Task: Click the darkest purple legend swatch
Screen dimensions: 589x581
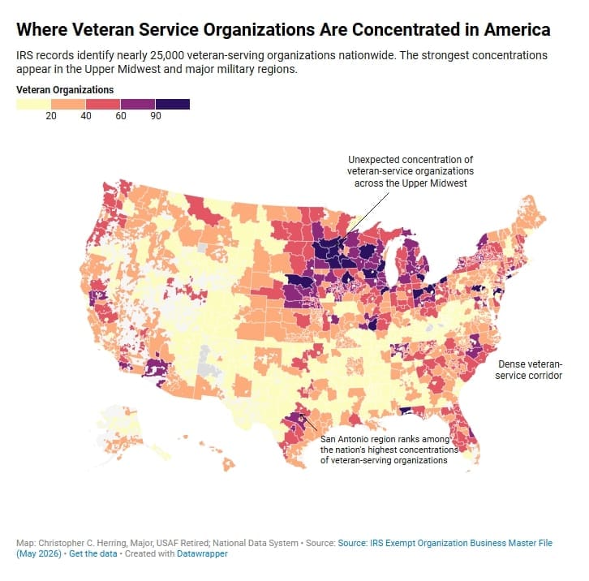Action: [173, 104]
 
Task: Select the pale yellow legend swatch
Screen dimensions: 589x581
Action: [33, 104]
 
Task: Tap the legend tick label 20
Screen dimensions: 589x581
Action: [51, 116]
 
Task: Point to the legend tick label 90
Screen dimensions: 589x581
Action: [156, 116]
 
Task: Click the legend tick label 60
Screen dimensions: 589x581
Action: [121, 116]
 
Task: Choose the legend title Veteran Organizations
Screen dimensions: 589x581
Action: [65, 90]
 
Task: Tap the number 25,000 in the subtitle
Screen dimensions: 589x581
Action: [167, 55]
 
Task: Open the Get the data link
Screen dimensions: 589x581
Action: [93, 553]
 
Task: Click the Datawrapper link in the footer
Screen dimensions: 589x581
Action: [202, 553]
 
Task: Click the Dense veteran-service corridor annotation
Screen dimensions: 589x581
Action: [528, 370]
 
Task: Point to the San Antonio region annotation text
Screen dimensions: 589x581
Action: [389, 450]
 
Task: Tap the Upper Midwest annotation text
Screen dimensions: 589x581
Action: [411, 171]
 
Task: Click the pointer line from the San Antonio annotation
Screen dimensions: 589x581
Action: [308, 423]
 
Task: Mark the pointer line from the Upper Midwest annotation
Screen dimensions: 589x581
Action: [364, 219]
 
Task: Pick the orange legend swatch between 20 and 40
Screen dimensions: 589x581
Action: [68, 104]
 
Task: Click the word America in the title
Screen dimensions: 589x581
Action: [518, 29]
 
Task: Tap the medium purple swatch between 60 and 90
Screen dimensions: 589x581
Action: [138, 104]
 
